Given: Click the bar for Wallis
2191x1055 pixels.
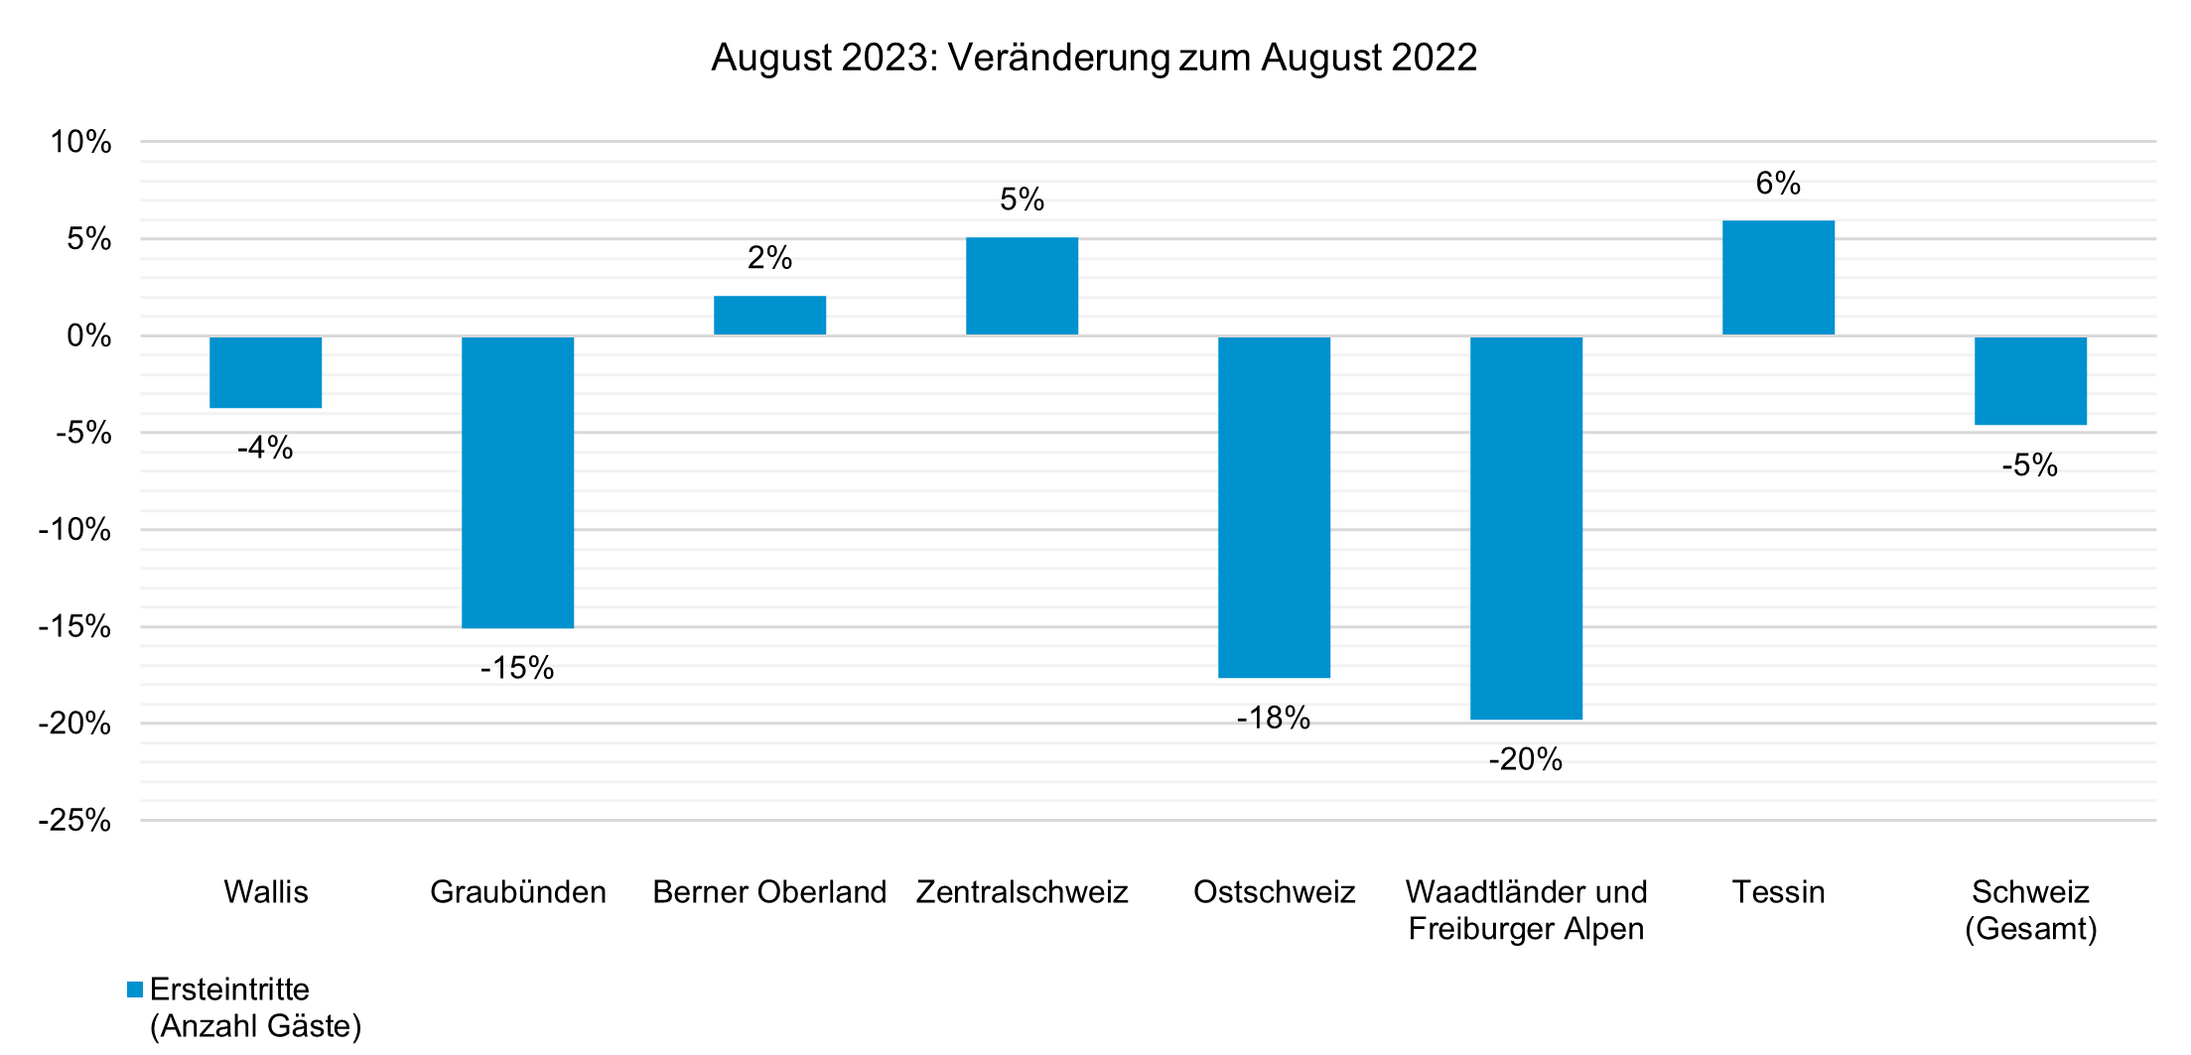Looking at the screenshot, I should point(265,372).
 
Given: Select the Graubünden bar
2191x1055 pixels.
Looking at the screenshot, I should point(517,482).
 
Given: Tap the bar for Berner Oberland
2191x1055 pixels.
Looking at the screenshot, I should point(769,316).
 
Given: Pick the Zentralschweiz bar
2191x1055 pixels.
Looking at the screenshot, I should point(1022,287).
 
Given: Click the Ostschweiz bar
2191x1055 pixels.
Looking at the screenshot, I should point(1274,507).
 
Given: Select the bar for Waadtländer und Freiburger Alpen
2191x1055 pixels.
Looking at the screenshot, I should point(1526,528).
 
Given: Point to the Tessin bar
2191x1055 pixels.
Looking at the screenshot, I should point(1778,278).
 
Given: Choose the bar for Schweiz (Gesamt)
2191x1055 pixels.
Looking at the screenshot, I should point(2030,381).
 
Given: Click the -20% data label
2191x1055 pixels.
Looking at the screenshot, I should point(1525,760).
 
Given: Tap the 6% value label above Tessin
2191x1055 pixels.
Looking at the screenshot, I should point(1778,184).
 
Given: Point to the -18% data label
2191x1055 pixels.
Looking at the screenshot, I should point(1273,719).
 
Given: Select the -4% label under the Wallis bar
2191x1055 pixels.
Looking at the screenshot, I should point(265,449).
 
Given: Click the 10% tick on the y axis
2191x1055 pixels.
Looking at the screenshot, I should point(81,143).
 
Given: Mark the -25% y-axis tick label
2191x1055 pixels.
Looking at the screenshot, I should point(75,821).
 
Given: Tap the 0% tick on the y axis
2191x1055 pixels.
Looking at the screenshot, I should point(88,336).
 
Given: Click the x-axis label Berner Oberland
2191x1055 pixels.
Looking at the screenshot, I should point(769,892).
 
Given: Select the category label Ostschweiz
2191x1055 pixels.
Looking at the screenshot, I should point(1274,892).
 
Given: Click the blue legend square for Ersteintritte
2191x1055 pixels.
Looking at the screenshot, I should point(135,989).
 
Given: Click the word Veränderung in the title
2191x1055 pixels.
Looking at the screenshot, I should point(1059,58).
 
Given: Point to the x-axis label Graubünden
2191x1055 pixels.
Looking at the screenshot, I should point(517,892).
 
